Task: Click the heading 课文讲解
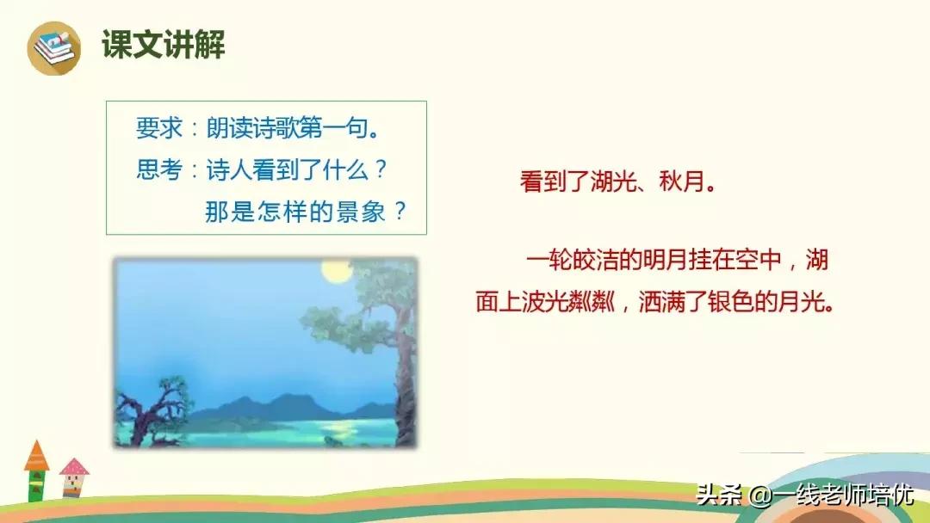(x=163, y=44)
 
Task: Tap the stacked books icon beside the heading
(x=53, y=46)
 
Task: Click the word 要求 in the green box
(x=158, y=129)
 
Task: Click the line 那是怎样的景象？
(x=306, y=211)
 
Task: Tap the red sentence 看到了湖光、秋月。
(x=617, y=183)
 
